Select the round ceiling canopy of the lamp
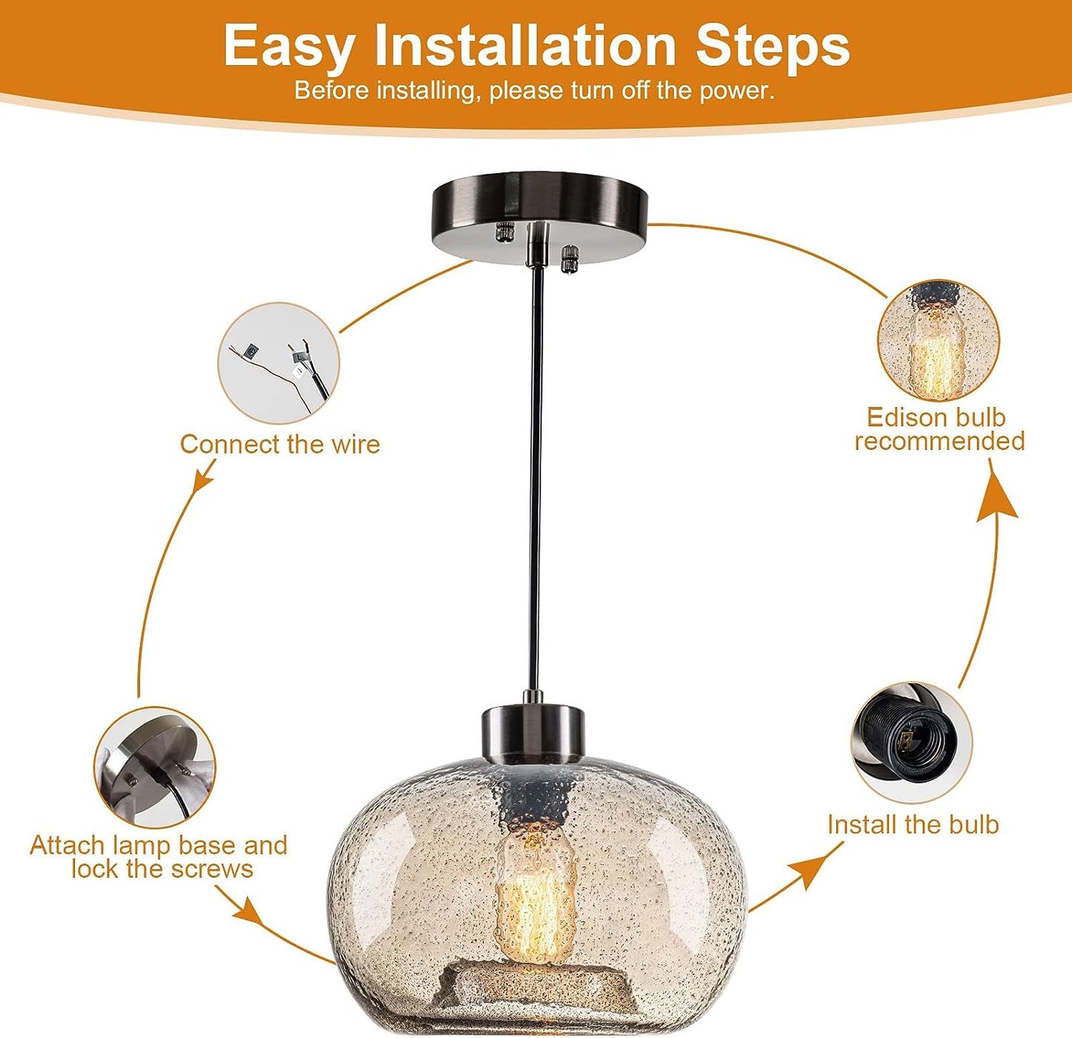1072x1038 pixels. point(535,219)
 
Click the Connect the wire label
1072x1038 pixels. point(280,444)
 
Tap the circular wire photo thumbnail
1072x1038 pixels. point(278,364)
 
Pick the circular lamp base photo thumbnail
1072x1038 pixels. point(155,768)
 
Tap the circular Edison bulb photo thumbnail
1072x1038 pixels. point(938,341)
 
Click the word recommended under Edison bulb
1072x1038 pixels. point(940,441)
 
